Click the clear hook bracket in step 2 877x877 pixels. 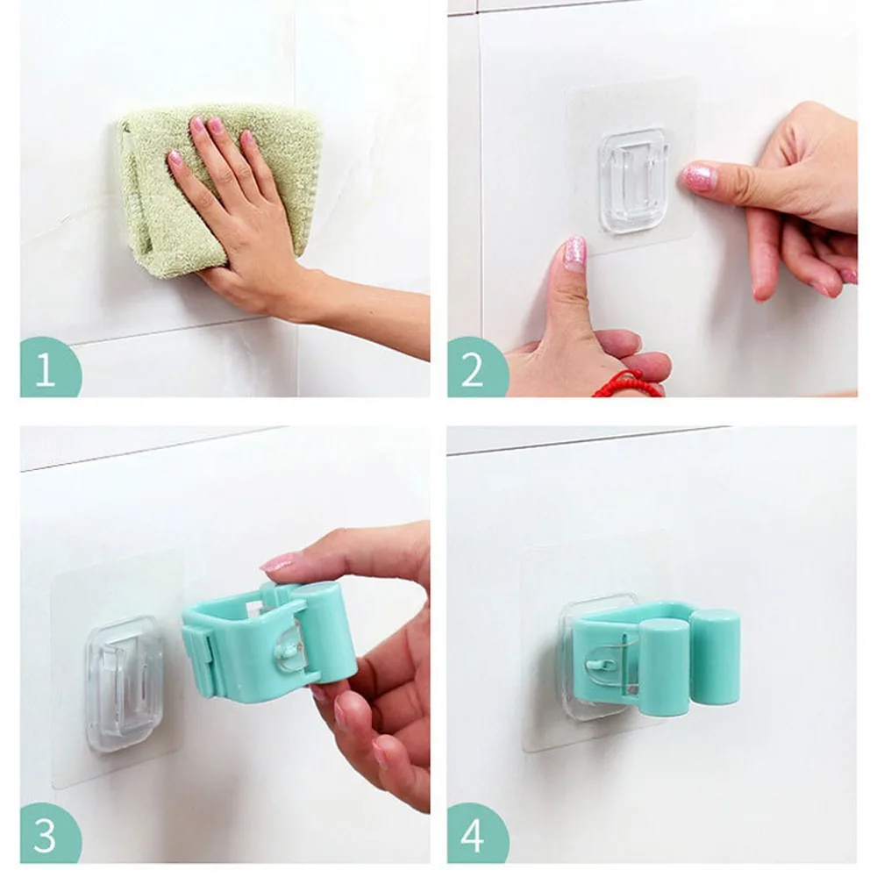click(633, 180)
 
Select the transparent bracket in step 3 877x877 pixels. click(124, 672)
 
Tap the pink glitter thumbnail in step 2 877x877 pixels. click(574, 253)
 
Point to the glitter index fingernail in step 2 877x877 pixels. click(699, 177)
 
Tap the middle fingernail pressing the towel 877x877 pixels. click(215, 125)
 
